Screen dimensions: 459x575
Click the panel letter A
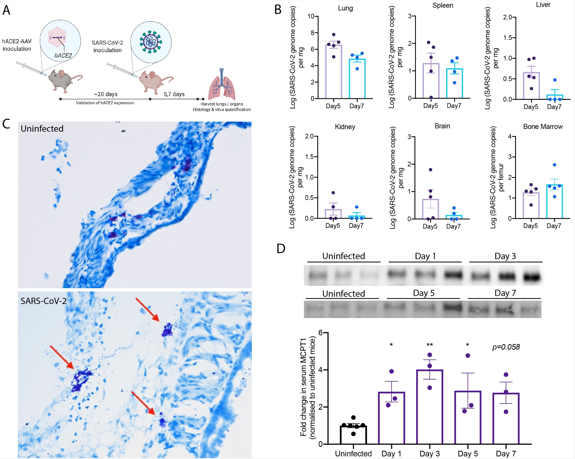[6, 10]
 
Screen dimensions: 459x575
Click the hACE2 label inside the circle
[63, 55]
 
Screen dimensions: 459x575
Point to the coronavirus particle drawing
[151, 42]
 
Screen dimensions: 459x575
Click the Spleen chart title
[442, 5]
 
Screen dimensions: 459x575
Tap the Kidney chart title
[345, 127]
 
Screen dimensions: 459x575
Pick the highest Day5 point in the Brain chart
[430, 170]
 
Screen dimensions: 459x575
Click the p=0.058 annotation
[506, 347]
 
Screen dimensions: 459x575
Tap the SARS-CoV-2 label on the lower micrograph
[43, 301]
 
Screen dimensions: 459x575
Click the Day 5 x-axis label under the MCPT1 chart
[468, 454]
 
